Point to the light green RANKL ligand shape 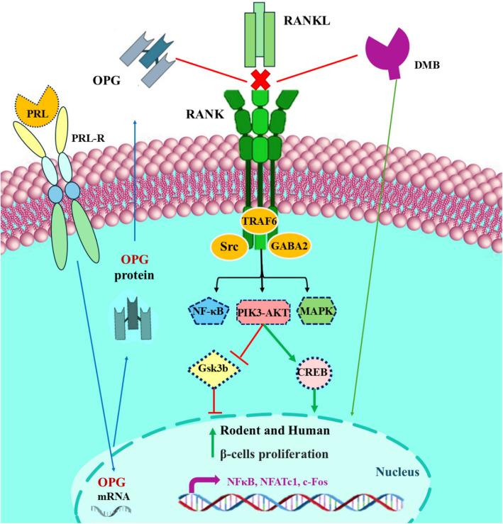tap(260, 35)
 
